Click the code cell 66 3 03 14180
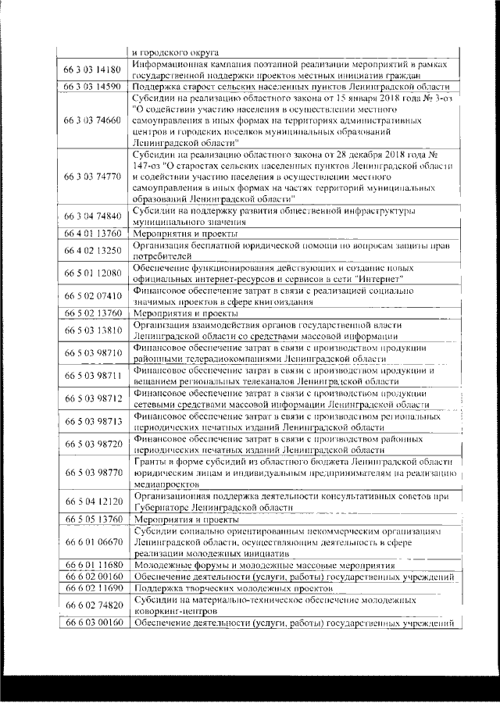click(91, 70)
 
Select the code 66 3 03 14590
click(91, 86)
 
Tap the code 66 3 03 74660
click(91, 120)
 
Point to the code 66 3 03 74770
click(91, 177)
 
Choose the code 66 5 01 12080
click(91, 273)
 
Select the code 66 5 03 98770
click(91, 473)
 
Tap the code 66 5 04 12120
click(91, 501)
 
